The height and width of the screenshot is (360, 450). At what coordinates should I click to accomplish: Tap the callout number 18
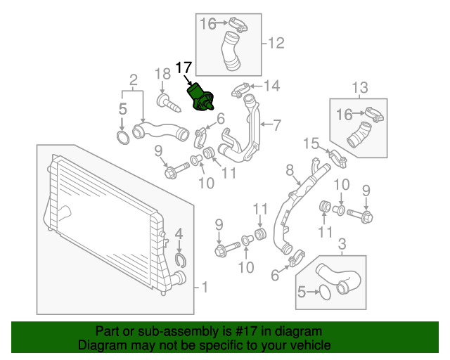(x=162, y=74)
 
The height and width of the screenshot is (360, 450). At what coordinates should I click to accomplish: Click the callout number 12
(x=276, y=44)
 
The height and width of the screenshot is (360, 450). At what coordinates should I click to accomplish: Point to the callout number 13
(x=360, y=87)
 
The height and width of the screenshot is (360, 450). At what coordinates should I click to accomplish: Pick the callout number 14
(x=271, y=86)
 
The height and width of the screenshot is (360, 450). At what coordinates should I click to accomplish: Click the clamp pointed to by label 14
(x=240, y=91)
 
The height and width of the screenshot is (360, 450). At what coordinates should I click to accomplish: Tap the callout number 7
(x=276, y=126)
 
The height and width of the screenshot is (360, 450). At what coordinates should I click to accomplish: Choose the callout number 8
(x=289, y=169)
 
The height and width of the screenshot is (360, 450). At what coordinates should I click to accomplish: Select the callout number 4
(x=179, y=233)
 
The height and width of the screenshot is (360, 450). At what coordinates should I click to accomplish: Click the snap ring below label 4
(x=180, y=262)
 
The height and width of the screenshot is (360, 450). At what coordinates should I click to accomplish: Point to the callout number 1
(x=205, y=287)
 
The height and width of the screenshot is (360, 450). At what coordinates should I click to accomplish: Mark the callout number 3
(x=342, y=244)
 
